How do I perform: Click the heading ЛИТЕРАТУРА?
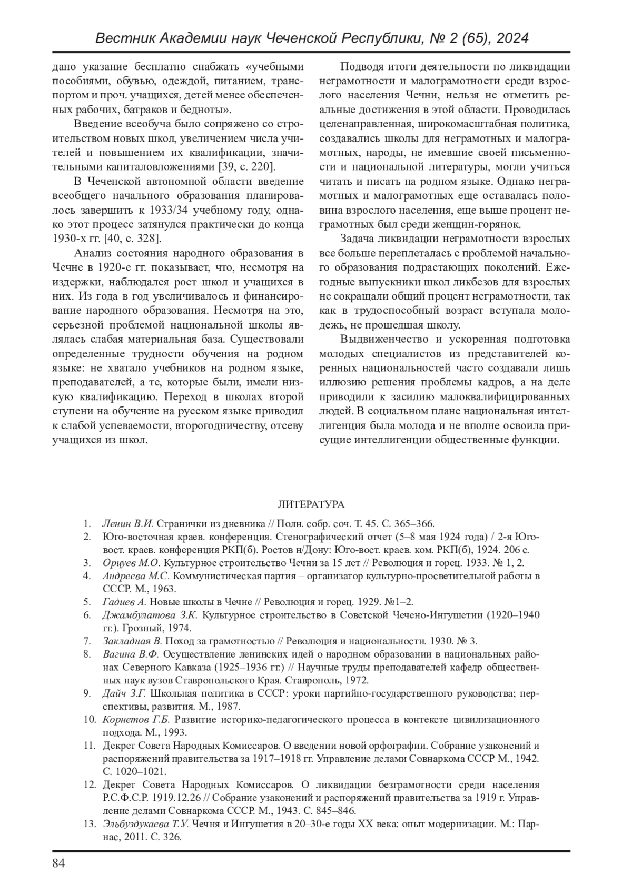pyautogui.click(x=311, y=504)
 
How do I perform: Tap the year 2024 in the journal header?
pyautogui.click(x=511, y=38)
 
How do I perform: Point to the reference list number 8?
pyautogui.click(x=87, y=654)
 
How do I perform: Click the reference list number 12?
pyautogui.click(x=89, y=784)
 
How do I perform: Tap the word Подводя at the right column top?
pyautogui.click(x=359, y=67)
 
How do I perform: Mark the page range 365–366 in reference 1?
pyautogui.click(x=417, y=524)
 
